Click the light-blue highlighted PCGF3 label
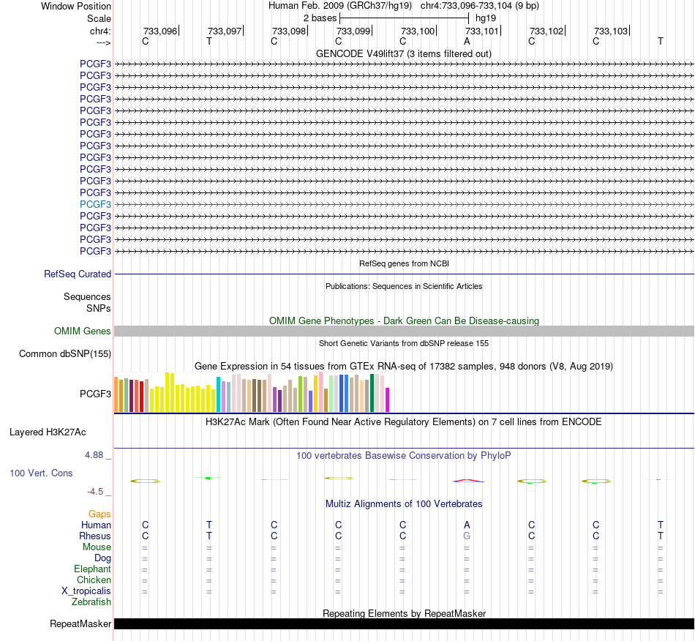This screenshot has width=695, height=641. (x=95, y=204)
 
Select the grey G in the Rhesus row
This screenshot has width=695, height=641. (x=467, y=536)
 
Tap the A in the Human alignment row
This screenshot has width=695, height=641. (x=467, y=525)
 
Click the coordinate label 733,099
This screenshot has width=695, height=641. (x=353, y=31)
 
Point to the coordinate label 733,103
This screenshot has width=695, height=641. (x=611, y=31)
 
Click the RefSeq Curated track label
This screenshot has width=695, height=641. (x=78, y=274)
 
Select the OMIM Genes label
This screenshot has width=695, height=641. (x=83, y=331)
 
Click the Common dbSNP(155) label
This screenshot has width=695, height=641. (x=65, y=353)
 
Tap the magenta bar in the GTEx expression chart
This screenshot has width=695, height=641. (x=388, y=400)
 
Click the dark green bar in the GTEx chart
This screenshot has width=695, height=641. (x=372, y=393)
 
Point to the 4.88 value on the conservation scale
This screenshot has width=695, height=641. (x=94, y=455)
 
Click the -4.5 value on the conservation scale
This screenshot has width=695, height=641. (x=95, y=491)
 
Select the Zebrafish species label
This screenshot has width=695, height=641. (x=91, y=602)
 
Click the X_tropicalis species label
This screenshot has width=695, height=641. (x=86, y=591)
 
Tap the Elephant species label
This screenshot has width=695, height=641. (x=93, y=569)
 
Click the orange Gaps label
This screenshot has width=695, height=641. (x=99, y=514)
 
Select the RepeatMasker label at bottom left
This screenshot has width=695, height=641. (x=80, y=623)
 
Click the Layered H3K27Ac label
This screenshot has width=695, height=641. (x=48, y=432)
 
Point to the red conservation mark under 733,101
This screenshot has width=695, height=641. (x=467, y=480)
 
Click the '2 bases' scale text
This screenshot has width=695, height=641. (x=320, y=18)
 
